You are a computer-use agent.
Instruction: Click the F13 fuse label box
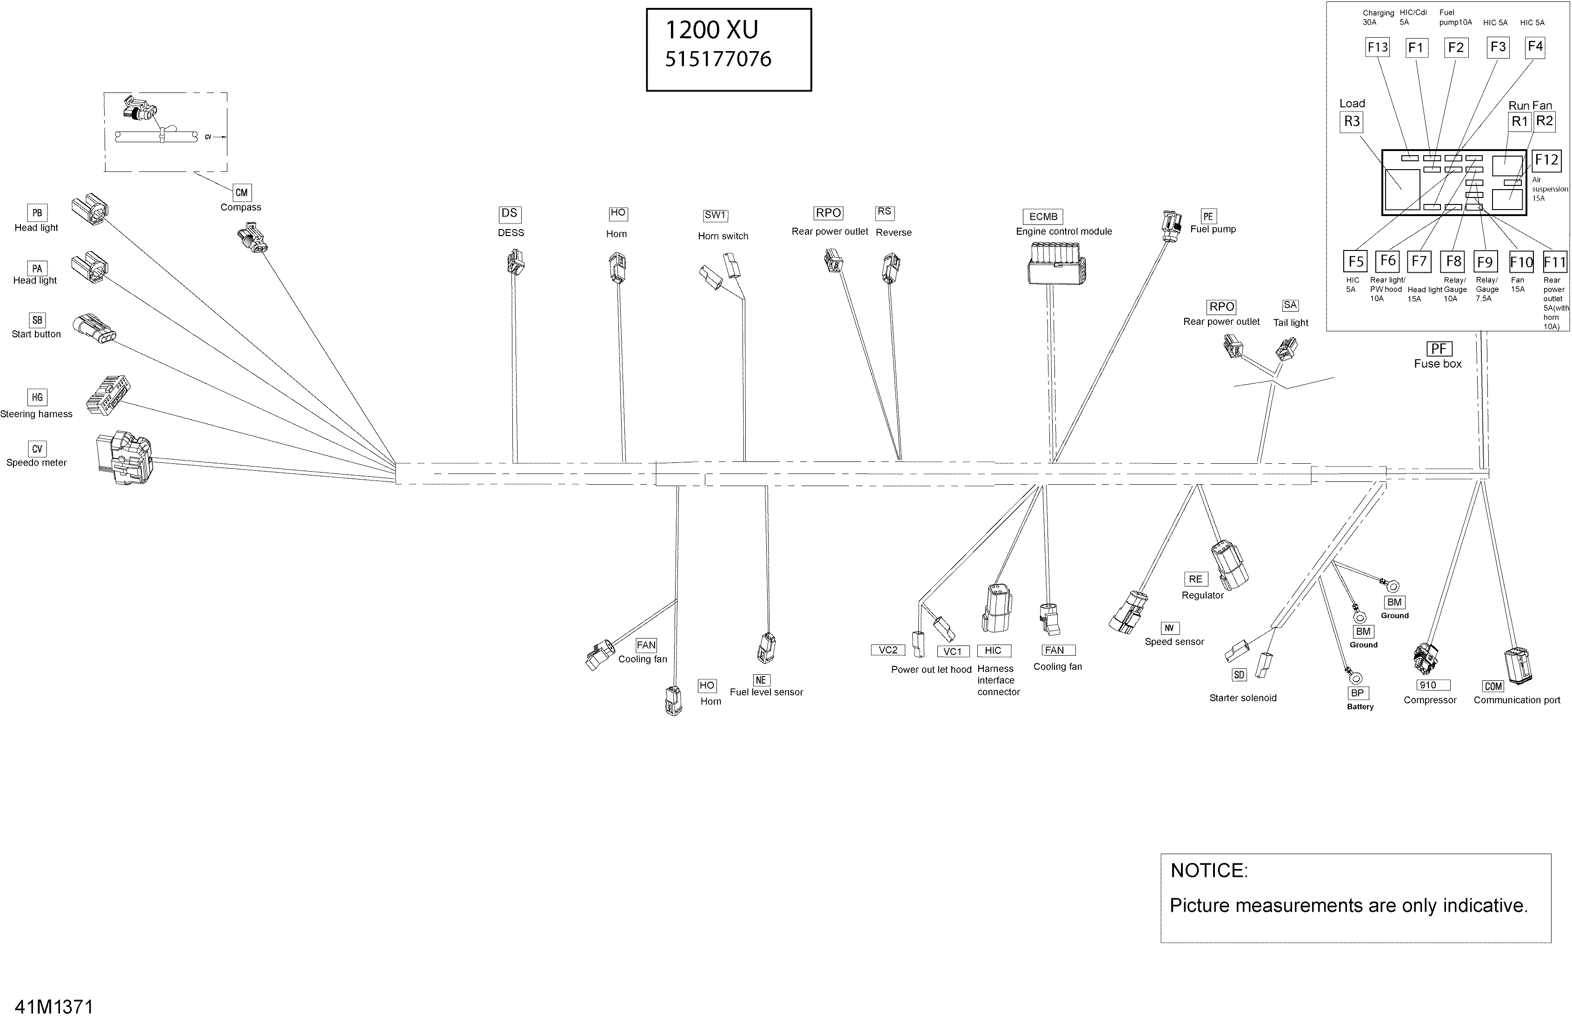point(1377,47)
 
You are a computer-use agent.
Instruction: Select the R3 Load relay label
point(1352,121)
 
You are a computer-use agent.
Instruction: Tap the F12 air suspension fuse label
point(1546,160)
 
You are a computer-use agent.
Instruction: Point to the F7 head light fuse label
point(1419,262)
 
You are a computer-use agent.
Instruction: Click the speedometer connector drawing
point(124,458)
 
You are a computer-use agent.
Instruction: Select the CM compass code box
point(242,193)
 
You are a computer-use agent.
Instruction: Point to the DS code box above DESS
point(509,213)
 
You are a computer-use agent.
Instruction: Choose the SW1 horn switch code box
point(715,215)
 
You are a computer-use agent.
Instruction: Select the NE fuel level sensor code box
point(761,680)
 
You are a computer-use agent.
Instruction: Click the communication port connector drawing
point(1517,666)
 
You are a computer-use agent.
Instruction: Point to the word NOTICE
point(1209,871)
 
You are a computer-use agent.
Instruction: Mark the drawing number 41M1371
point(54,1007)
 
